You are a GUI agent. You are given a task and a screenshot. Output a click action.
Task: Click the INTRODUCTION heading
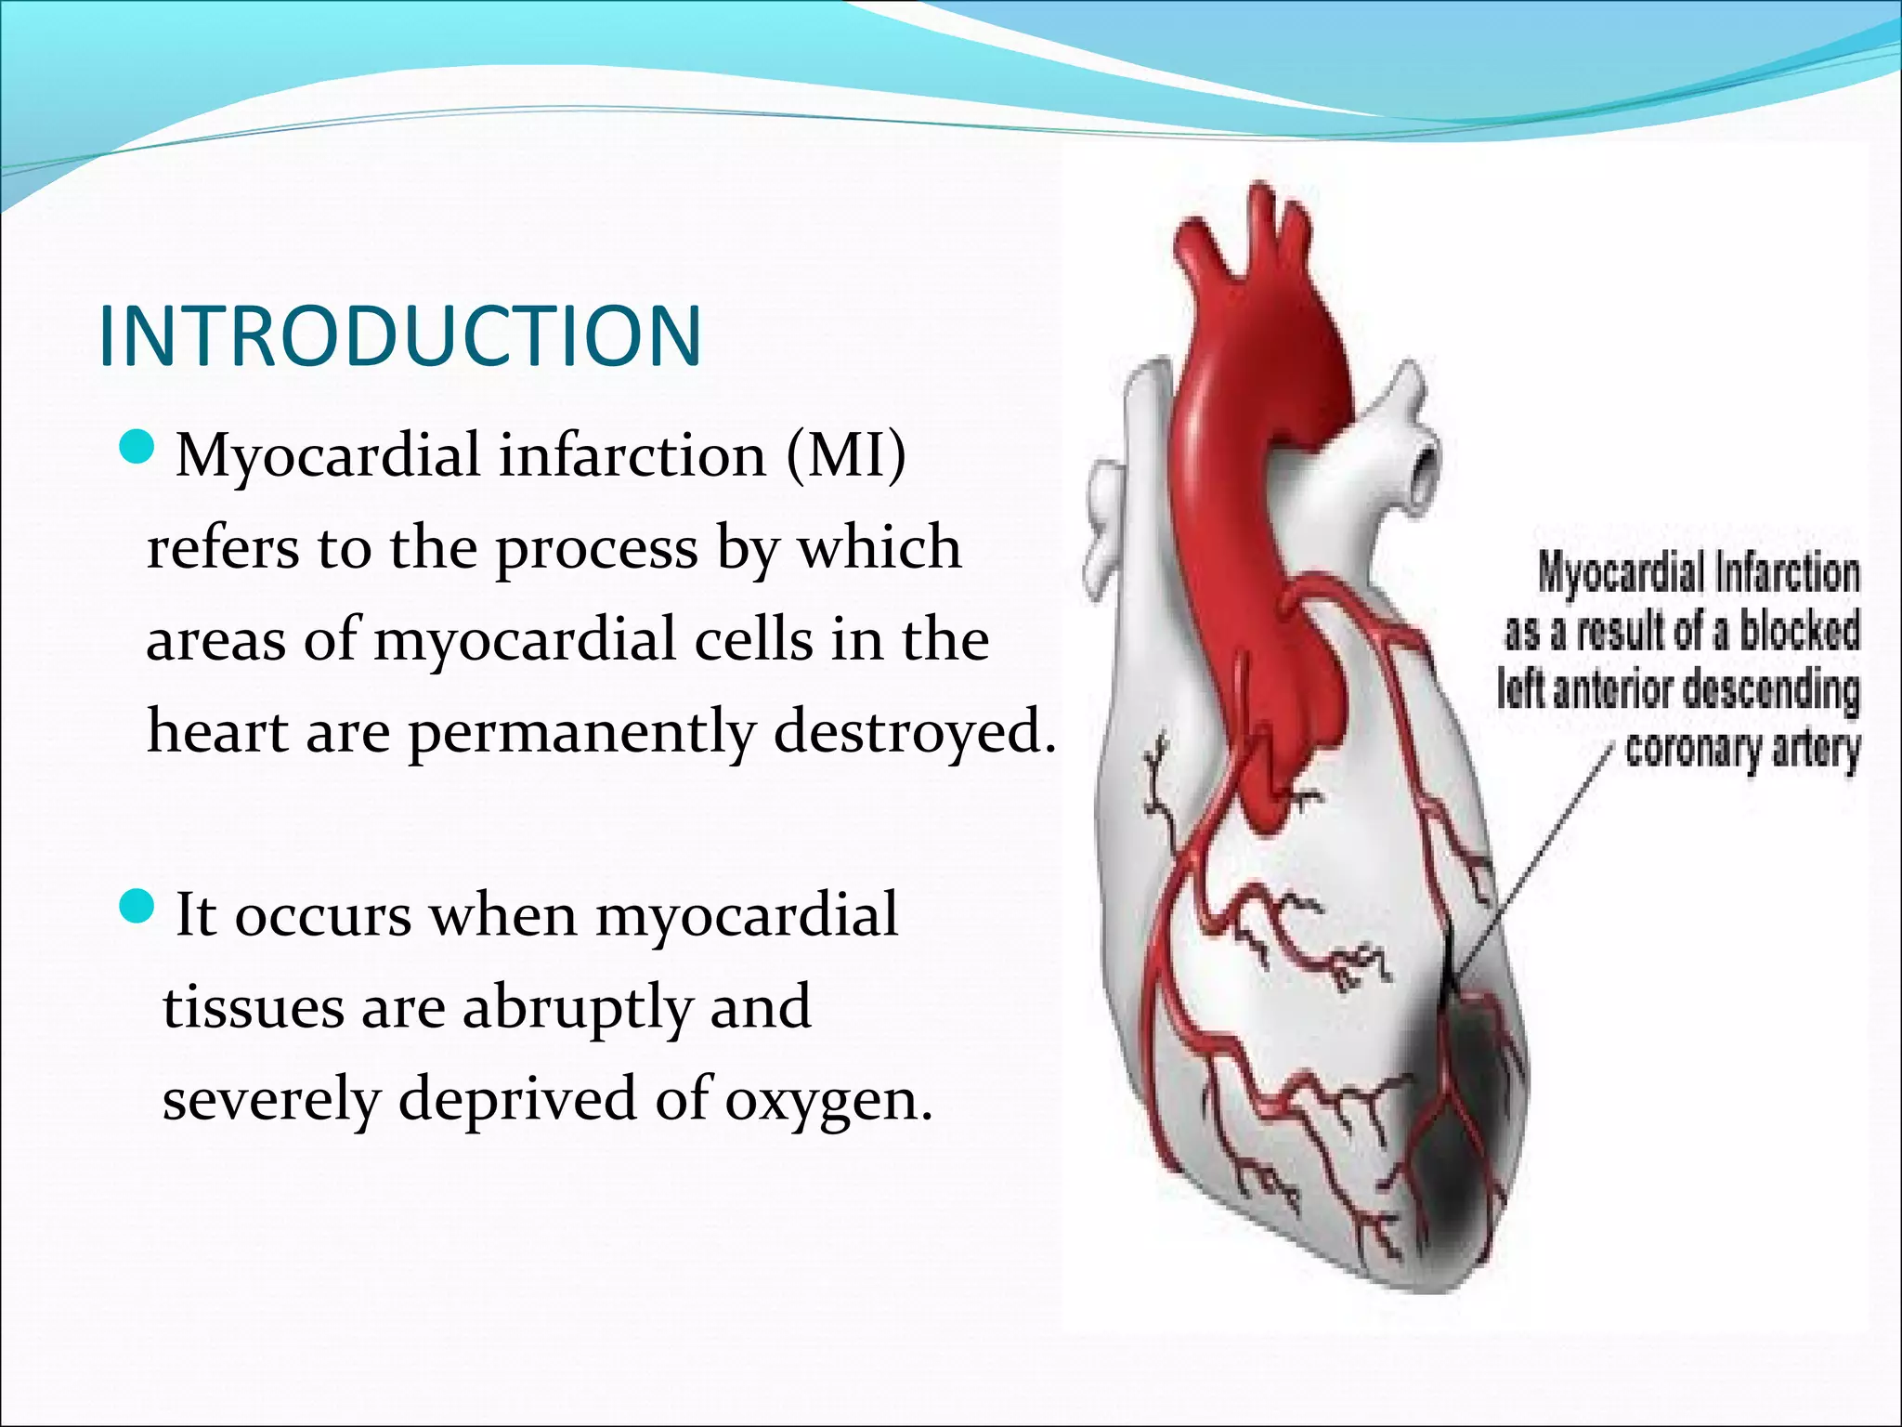pyautogui.click(x=399, y=335)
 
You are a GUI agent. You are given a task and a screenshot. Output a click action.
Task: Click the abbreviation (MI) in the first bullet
pyautogui.click(x=845, y=455)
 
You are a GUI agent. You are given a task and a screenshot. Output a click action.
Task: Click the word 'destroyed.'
pyautogui.click(x=915, y=732)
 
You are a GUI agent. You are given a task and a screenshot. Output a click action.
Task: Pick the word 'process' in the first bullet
pyautogui.click(x=595, y=549)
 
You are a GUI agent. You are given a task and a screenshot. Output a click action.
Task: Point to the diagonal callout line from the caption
pyautogui.click(x=1532, y=864)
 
